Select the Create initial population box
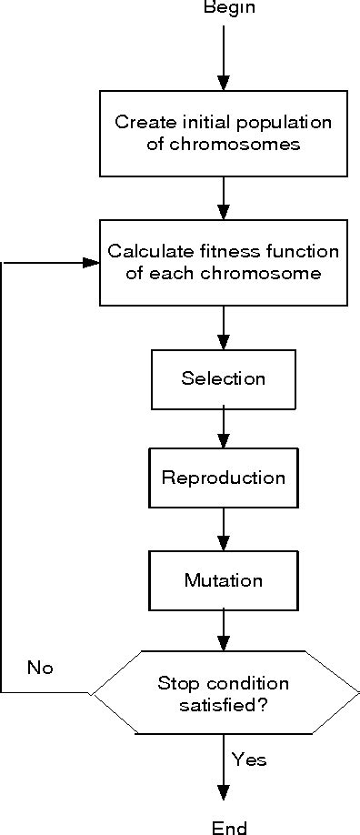point(223,133)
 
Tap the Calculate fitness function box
point(223,262)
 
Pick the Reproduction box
point(223,478)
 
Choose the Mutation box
point(223,579)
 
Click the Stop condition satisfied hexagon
point(224,692)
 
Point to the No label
point(40,668)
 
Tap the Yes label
point(249,759)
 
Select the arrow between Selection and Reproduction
point(223,428)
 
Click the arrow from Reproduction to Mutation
point(223,528)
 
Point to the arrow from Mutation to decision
point(223,629)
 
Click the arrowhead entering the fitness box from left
point(91,263)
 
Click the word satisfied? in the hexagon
point(224,703)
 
